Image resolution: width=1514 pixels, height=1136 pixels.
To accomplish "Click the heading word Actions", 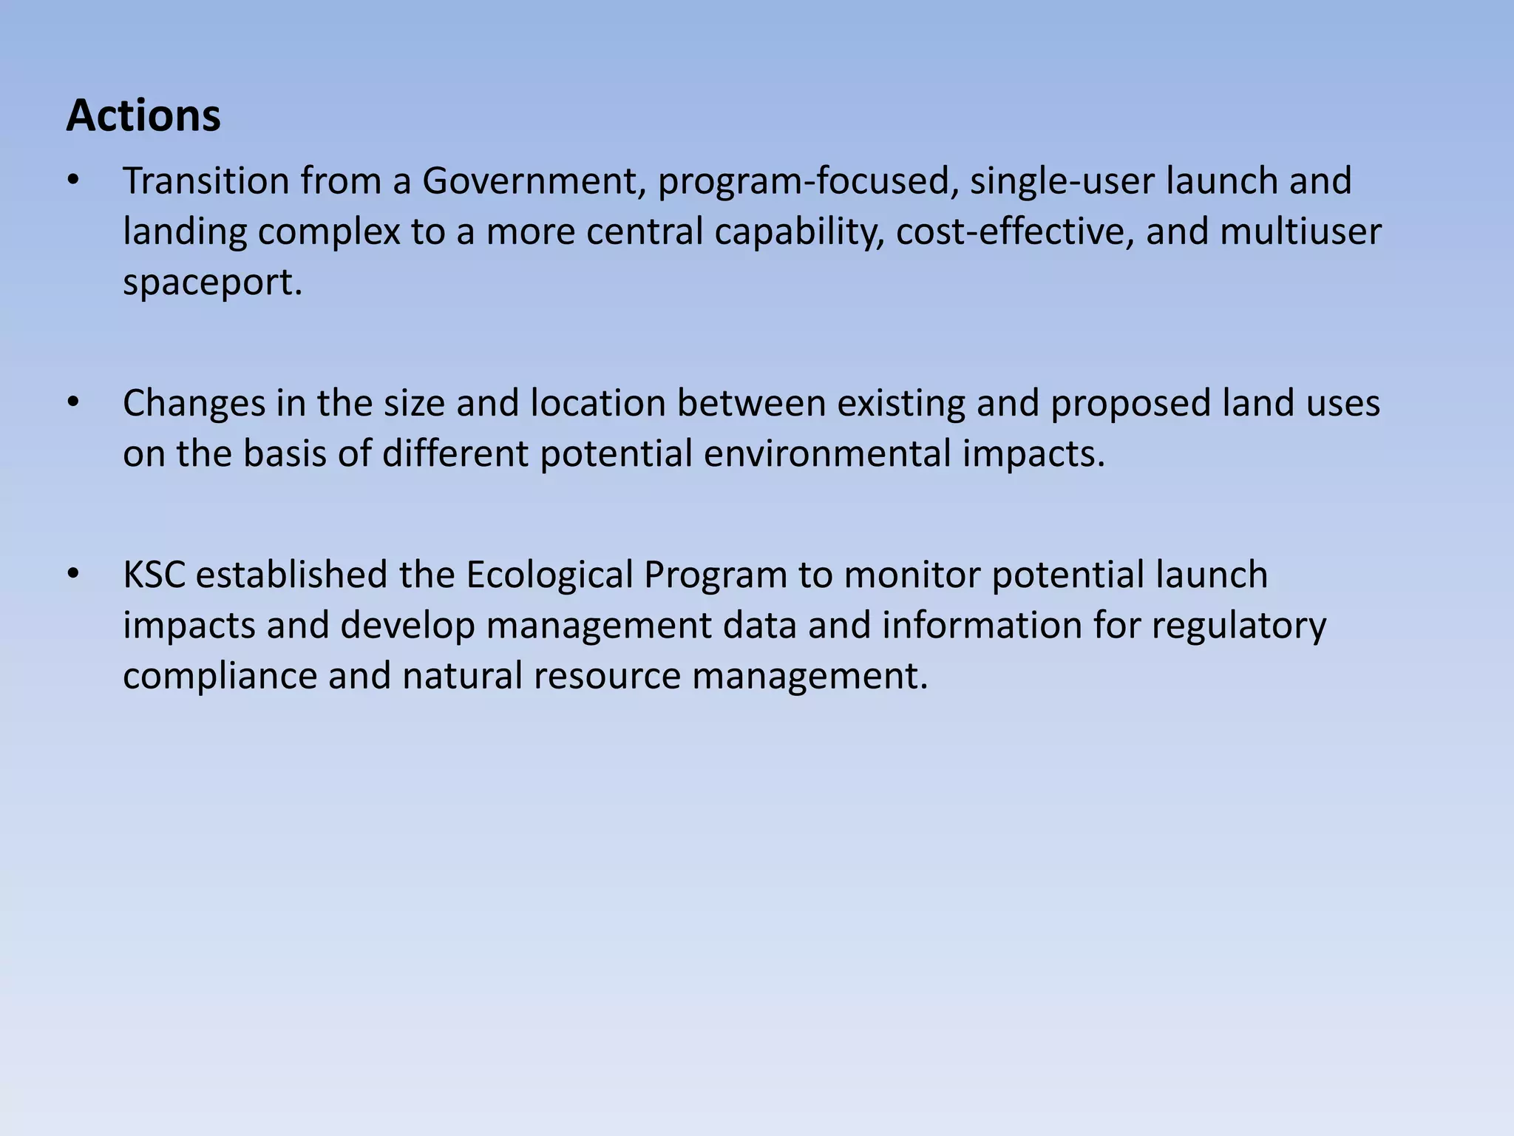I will click(143, 116).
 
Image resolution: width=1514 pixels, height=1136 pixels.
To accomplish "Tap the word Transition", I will click(206, 180).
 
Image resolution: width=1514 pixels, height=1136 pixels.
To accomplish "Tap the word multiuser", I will click(1300, 231).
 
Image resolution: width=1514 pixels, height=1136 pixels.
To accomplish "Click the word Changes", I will click(194, 404).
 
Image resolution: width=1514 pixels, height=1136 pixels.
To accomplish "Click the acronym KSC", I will click(154, 575).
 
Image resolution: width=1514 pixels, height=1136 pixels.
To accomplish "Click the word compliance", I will click(220, 677).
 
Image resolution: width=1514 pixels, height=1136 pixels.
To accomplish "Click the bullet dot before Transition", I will click(72, 180).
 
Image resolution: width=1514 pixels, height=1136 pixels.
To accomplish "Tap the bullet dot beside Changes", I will click(72, 404).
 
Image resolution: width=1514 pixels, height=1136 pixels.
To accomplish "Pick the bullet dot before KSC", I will click(72, 575).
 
